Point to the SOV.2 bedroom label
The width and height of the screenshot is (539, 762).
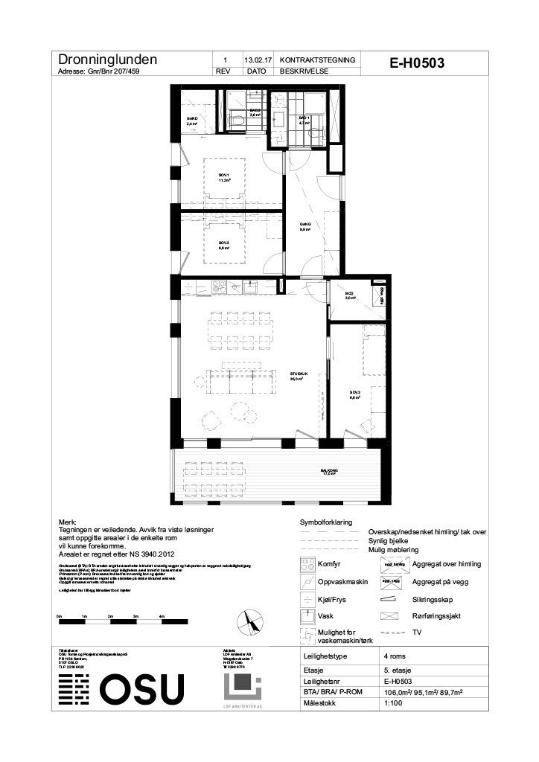click(223, 245)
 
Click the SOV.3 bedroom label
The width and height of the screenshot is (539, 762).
click(354, 394)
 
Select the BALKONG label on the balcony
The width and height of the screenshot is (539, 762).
click(329, 471)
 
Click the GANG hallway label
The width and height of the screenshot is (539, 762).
click(304, 227)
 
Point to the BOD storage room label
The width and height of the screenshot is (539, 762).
click(350, 295)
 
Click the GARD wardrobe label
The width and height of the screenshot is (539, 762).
click(191, 121)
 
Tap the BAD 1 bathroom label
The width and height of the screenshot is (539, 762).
click(303, 120)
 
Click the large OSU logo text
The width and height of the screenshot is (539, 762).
click(141, 688)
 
